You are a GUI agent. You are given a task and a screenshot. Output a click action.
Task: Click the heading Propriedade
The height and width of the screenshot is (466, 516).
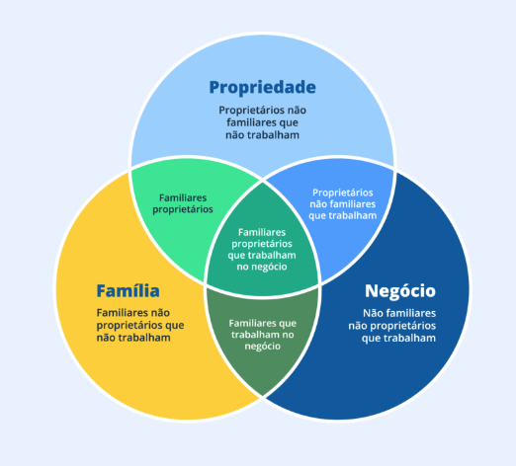point(262,86)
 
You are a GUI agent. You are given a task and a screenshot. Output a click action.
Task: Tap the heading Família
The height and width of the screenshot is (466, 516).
point(128,291)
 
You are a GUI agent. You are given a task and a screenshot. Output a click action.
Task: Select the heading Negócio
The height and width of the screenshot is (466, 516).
point(399,291)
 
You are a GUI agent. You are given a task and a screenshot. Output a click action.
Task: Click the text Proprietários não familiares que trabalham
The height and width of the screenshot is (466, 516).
point(342,203)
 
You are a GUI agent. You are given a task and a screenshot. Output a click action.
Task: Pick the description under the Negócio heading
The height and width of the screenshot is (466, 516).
point(392,325)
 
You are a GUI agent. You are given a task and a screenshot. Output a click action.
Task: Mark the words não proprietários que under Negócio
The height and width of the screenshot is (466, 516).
point(392,325)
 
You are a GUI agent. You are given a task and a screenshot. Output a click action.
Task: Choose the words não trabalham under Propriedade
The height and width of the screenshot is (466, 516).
point(262,134)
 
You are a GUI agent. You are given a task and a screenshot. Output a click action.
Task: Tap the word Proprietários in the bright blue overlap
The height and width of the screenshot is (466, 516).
point(342,193)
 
